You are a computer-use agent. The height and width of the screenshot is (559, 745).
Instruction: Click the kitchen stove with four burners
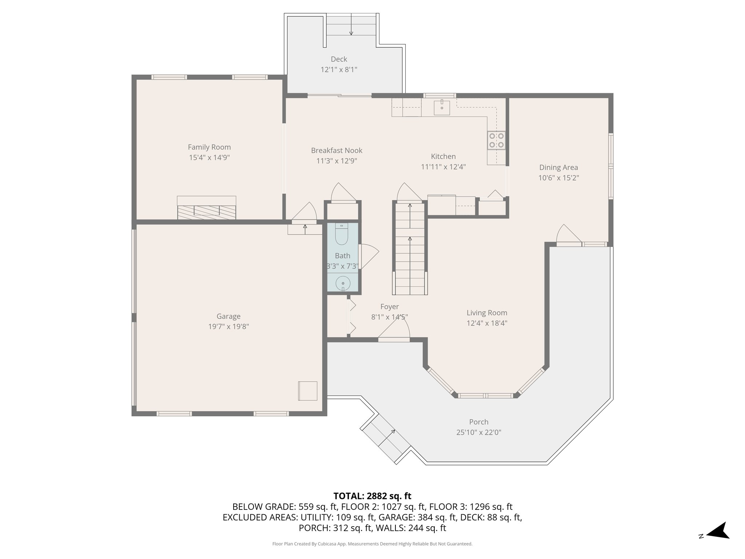coord(497,140)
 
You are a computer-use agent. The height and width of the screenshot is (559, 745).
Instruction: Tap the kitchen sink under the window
coord(442,107)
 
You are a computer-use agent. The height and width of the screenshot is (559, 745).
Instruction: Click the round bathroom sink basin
coord(343,283)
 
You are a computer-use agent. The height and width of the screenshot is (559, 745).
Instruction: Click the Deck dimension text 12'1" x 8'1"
coord(339,70)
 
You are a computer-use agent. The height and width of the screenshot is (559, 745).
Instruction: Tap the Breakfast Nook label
coord(336,150)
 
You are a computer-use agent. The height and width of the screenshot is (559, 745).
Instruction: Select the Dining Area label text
coord(558,167)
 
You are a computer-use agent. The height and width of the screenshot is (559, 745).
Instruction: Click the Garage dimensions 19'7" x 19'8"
coord(228,327)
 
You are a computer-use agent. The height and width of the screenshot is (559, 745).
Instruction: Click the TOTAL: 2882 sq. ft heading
coord(372,496)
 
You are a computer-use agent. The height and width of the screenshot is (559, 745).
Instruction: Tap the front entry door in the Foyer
coord(394,329)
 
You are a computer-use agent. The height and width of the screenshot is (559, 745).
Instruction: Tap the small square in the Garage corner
coord(308,391)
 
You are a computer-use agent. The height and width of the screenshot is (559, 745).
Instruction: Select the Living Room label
coord(487,313)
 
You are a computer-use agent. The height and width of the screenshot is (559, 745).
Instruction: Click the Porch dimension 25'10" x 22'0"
coord(479,432)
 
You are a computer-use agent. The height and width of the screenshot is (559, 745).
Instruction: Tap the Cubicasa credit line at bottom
coord(372,544)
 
